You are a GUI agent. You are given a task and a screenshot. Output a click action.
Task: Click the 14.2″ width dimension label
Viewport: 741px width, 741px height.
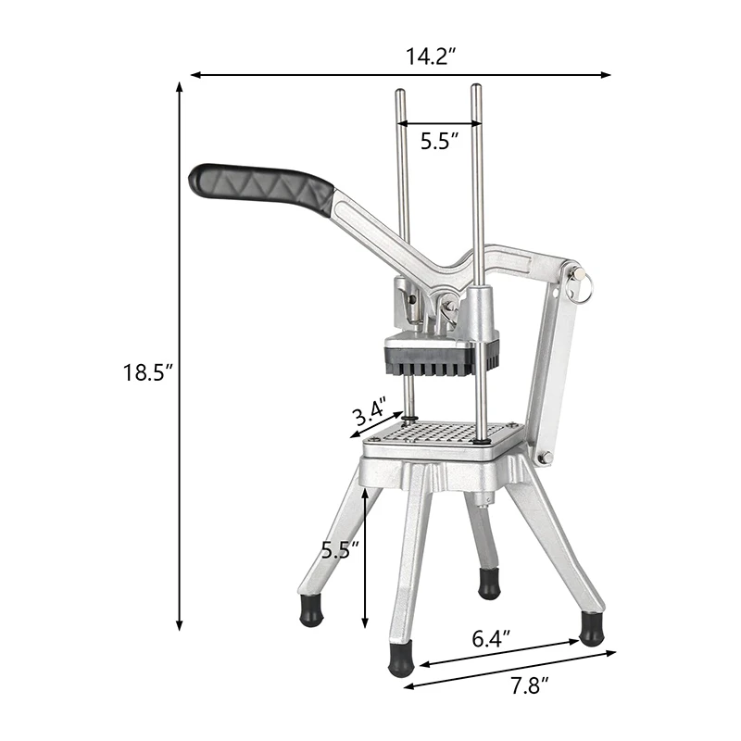(x=431, y=57)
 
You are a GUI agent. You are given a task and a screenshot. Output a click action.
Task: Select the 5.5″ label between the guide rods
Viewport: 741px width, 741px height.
(x=439, y=141)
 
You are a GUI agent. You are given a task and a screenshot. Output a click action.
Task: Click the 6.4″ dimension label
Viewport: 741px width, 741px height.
(x=491, y=639)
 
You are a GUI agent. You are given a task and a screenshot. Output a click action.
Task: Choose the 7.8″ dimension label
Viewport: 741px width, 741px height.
(x=529, y=686)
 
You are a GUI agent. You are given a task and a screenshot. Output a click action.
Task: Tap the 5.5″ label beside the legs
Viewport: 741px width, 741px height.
(x=340, y=550)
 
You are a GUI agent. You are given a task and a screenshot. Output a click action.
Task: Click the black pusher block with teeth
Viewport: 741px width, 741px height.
(x=442, y=360)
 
